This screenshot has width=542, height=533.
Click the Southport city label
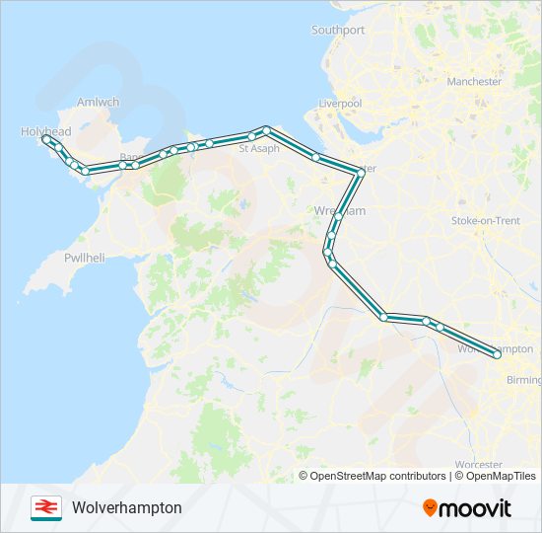point(338,31)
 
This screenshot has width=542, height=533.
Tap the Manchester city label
point(474,82)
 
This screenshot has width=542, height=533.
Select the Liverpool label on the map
point(340,104)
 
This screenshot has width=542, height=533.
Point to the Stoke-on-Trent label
point(485,221)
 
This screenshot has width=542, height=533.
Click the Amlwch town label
point(98,102)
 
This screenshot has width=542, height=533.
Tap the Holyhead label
point(45,130)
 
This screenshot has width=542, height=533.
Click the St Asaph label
point(259,149)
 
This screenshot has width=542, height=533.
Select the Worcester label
point(479,465)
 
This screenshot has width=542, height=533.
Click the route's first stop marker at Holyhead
point(46,139)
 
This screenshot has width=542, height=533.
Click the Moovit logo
point(467,508)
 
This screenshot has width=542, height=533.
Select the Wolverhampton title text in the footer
point(127,507)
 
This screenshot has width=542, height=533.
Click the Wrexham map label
point(339,211)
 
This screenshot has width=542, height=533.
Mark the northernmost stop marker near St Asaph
point(266,130)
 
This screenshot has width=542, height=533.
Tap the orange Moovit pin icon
point(430,508)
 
